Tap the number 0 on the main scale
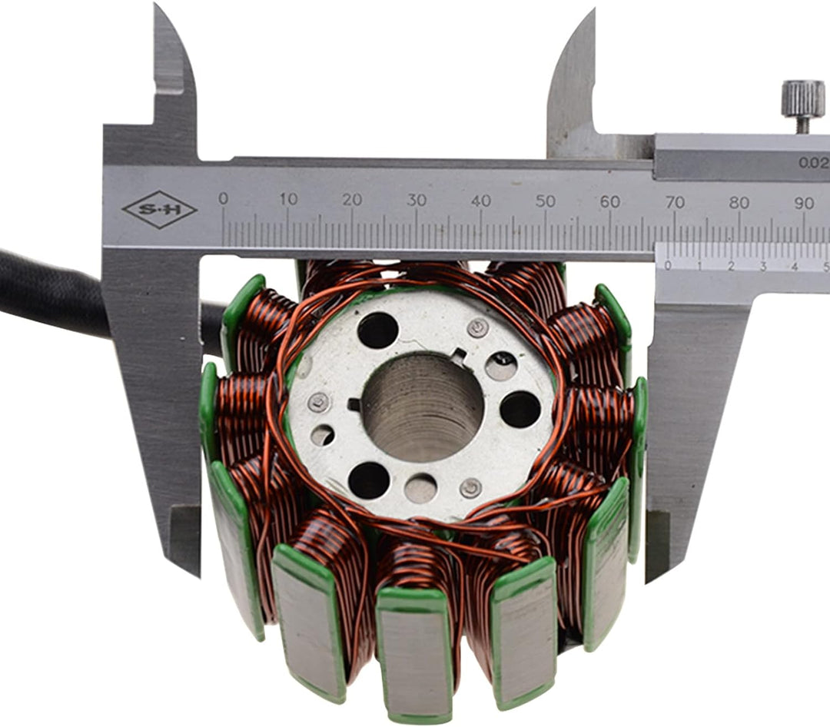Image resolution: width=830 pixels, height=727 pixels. point(224,199)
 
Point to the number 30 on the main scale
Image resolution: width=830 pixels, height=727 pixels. point(417,200)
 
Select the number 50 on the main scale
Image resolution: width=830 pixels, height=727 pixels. point(545,201)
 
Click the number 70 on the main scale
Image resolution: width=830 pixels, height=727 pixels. point(675,202)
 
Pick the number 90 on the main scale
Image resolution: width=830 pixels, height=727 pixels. point(804,203)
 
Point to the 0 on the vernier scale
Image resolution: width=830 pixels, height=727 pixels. point(668,266)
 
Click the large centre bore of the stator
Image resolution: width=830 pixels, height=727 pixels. point(423,407)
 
